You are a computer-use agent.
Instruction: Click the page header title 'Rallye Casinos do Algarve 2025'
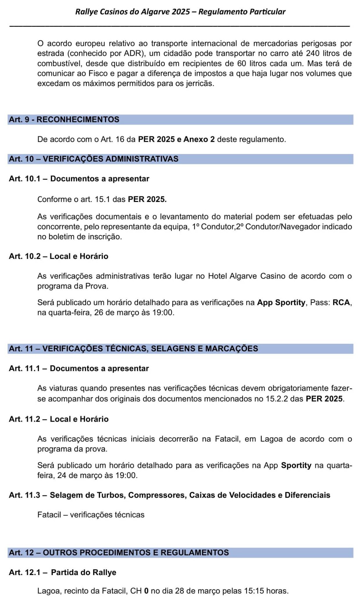(x=132, y=12)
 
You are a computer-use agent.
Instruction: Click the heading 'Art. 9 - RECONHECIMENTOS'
(x=64, y=119)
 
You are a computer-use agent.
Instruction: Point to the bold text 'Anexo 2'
(x=199, y=139)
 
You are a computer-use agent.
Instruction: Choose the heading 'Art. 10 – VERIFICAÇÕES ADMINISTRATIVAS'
(x=94, y=159)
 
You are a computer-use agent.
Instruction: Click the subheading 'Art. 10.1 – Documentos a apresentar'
(x=79, y=179)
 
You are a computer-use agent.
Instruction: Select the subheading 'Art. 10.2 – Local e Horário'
(x=59, y=256)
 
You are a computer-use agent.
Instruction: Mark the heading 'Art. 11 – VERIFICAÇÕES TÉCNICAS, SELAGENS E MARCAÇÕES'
(x=133, y=349)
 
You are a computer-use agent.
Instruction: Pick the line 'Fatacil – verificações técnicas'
(x=91, y=515)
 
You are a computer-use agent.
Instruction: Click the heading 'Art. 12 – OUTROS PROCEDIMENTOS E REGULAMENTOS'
(x=119, y=552)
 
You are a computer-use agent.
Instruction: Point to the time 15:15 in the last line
(x=254, y=591)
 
